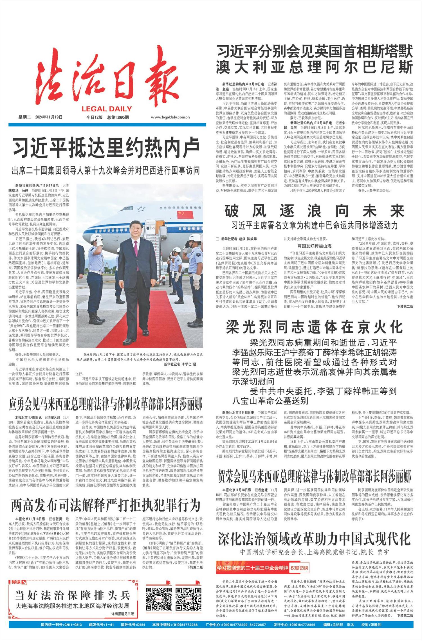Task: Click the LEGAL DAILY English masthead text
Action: (x=107, y=109)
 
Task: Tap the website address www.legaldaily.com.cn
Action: (x=170, y=118)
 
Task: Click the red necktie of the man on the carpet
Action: (x=136, y=248)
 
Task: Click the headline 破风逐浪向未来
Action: (x=314, y=211)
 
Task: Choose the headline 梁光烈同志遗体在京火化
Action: (x=314, y=327)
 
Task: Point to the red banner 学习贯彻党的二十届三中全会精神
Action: (x=252, y=568)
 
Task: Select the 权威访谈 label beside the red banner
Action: (x=299, y=568)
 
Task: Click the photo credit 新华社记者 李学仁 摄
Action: (x=180, y=364)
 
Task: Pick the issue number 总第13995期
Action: (x=118, y=117)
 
